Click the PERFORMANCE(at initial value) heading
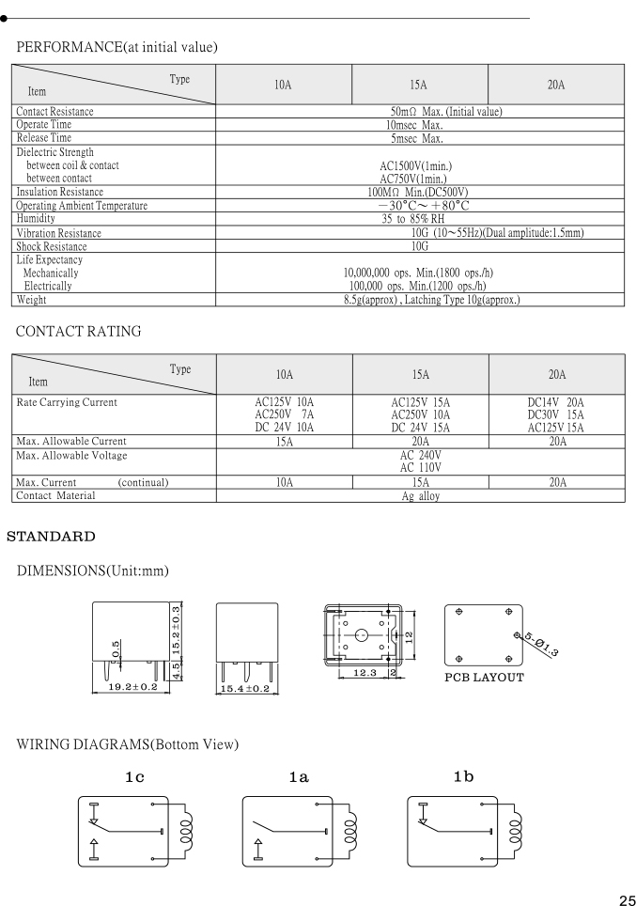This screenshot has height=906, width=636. pyautogui.click(x=116, y=47)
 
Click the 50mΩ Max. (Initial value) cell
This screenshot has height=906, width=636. pyautogui.click(x=420, y=113)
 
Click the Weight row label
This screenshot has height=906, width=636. pyautogui.click(x=33, y=300)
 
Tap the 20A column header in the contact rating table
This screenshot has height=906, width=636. pyautogui.click(x=556, y=374)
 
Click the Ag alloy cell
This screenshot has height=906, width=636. pyautogui.click(x=420, y=496)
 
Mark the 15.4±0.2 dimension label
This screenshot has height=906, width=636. pyautogui.click(x=244, y=689)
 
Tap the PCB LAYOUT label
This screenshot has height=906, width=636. pyautogui.click(x=485, y=677)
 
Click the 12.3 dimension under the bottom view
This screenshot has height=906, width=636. pyautogui.click(x=349, y=672)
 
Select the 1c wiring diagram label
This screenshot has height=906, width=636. pyautogui.click(x=133, y=776)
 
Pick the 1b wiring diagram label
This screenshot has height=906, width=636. pyautogui.click(x=464, y=776)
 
